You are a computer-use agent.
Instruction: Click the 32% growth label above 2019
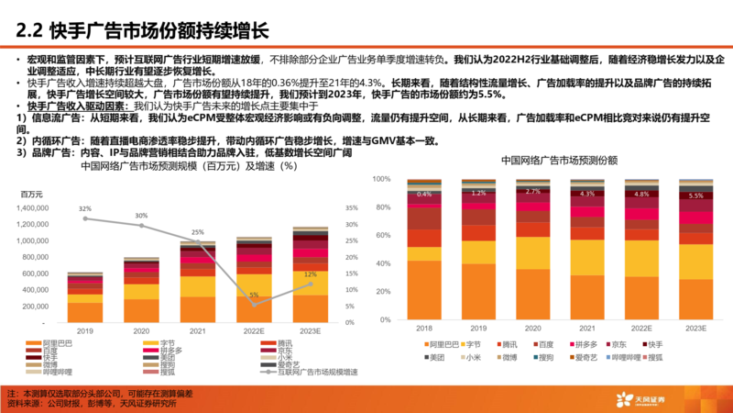pyautogui.click(x=84, y=208)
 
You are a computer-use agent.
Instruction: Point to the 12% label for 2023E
pyautogui.click(x=310, y=274)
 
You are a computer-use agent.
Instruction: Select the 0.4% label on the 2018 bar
pyautogui.click(x=424, y=195)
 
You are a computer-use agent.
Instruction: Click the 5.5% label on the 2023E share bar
pyautogui.click(x=695, y=195)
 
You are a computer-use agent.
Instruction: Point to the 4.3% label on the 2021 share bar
pyautogui.click(x=587, y=195)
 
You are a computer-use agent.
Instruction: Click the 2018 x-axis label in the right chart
pyautogui.click(x=424, y=328)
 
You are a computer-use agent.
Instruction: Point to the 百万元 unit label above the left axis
pyautogui.click(x=34, y=194)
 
